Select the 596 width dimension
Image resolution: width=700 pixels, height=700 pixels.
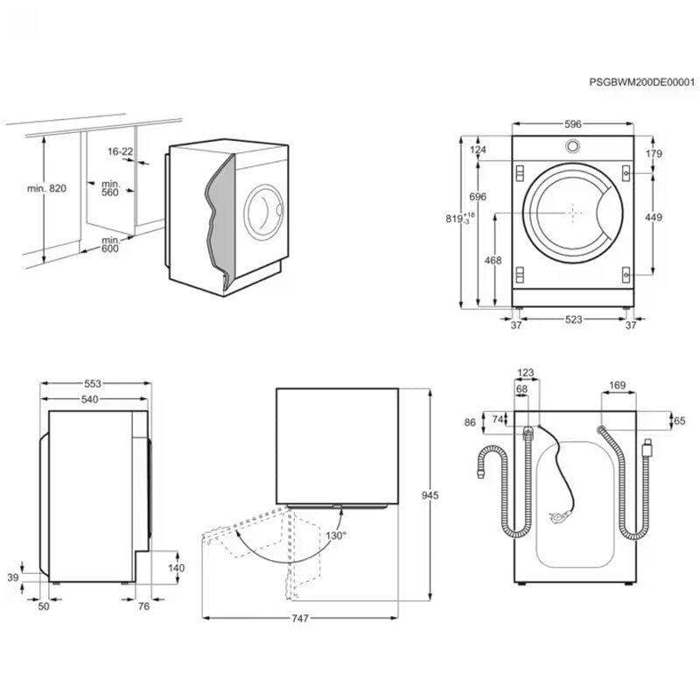[572, 124]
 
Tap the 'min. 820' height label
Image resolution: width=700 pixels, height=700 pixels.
[46, 188]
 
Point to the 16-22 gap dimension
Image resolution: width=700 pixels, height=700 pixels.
[121, 151]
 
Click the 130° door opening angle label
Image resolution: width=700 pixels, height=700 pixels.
[337, 535]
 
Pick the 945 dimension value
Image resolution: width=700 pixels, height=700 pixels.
[430, 495]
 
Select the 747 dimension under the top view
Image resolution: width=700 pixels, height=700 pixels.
[299, 619]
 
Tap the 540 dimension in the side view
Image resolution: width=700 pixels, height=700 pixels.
[90, 399]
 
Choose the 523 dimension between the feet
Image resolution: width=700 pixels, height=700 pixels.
[572, 320]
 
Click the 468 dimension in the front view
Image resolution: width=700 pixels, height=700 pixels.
[493, 260]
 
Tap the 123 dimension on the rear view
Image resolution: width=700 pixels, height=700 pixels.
[525, 374]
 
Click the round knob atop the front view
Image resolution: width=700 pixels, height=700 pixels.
[572, 146]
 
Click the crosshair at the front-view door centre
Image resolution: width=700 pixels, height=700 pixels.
[572, 211]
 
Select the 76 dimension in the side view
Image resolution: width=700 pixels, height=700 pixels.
[144, 605]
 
